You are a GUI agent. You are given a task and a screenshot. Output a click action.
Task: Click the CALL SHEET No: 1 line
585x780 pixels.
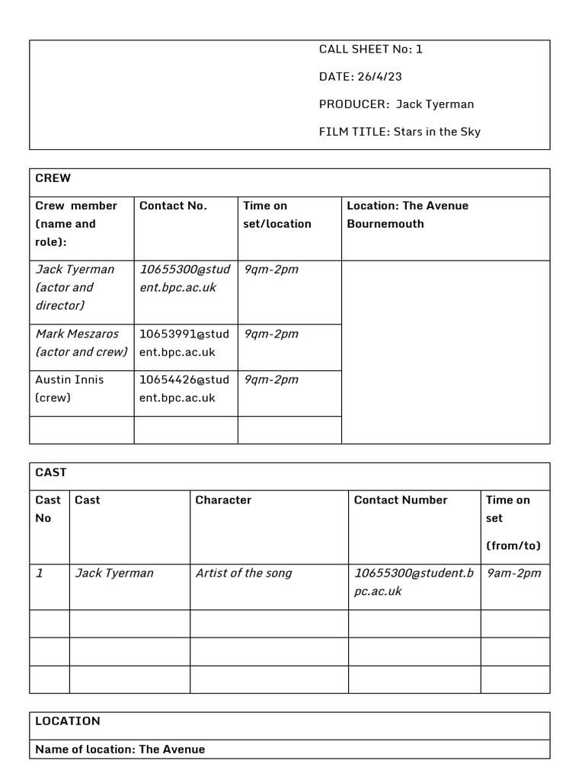(370, 50)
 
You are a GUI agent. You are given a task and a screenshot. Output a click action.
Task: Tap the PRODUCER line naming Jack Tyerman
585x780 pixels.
(396, 104)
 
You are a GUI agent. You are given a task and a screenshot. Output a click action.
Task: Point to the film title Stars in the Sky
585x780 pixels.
(399, 132)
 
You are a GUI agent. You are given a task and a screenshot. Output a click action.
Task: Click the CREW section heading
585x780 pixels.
(53, 178)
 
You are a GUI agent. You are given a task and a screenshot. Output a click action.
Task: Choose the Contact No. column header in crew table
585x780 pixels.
(173, 206)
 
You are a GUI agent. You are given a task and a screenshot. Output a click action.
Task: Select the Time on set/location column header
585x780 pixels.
(277, 215)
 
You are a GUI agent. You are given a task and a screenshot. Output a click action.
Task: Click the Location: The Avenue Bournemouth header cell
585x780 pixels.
(408, 215)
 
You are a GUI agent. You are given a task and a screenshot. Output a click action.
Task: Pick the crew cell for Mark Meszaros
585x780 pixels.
(82, 343)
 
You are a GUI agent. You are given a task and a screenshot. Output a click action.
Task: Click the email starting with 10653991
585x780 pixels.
(184, 343)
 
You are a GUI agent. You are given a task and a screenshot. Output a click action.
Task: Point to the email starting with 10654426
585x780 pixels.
(184, 388)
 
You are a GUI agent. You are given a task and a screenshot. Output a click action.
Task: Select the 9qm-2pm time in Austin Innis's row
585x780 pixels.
(271, 379)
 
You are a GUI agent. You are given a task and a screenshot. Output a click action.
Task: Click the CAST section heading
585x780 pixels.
(51, 472)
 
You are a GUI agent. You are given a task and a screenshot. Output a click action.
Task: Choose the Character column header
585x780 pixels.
(223, 500)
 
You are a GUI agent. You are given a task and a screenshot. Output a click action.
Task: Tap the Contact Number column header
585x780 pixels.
(401, 500)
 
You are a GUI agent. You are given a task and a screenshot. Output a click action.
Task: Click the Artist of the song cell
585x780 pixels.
(244, 573)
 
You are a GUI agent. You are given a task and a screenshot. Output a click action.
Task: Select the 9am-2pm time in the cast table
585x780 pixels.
(513, 573)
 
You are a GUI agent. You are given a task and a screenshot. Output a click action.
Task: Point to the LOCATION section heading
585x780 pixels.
(68, 721)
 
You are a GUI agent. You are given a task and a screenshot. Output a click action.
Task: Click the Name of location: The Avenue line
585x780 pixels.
(120, 749)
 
